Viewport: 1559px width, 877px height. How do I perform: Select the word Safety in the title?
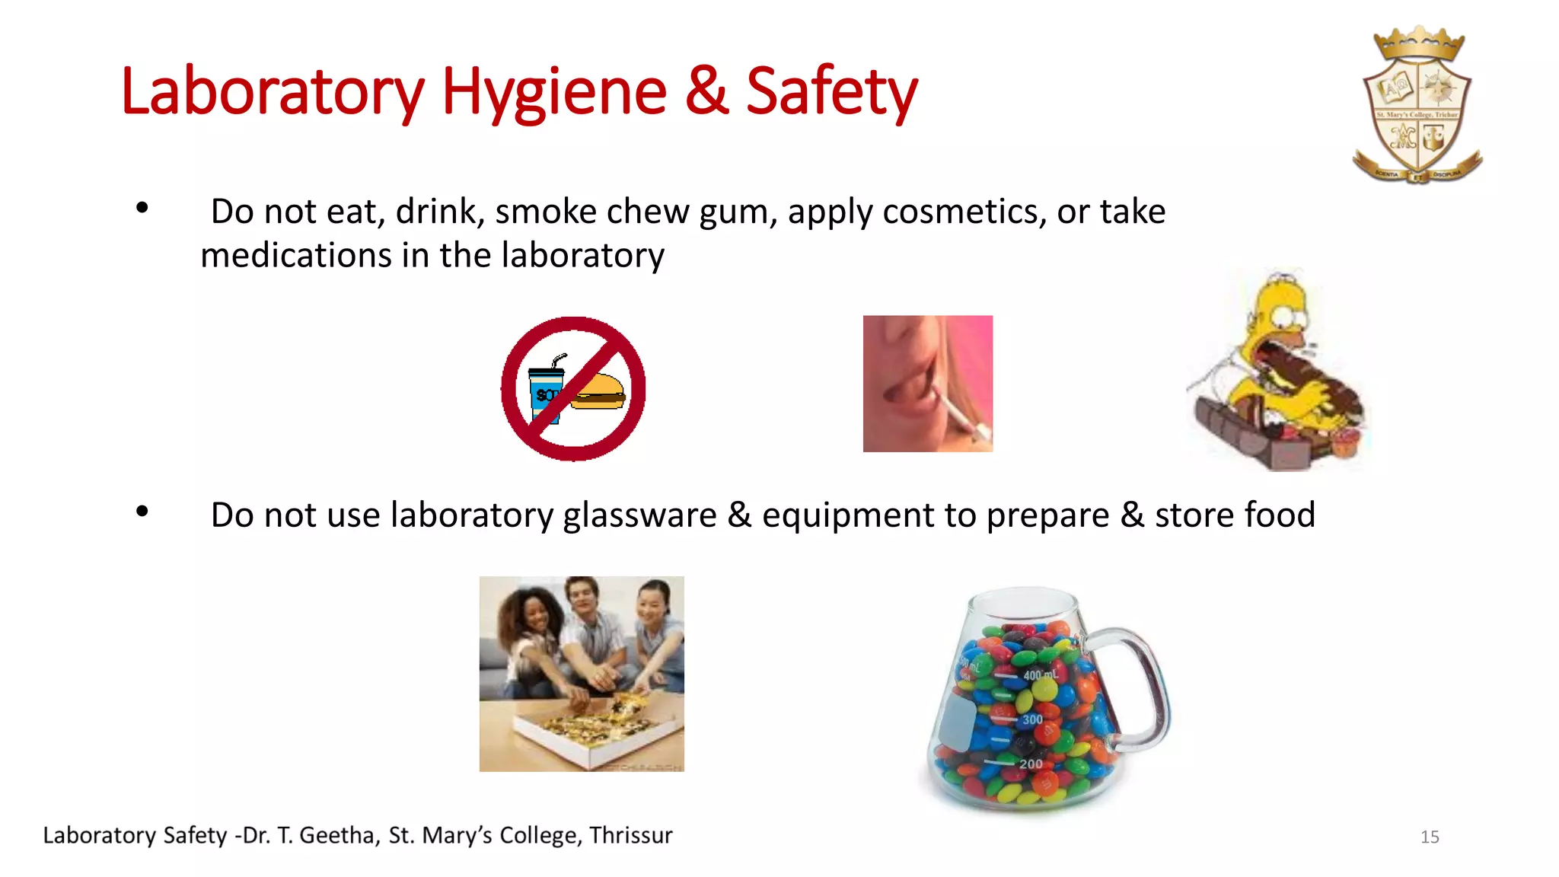pos(831,93)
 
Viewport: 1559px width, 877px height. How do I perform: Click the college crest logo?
pos(1417,107)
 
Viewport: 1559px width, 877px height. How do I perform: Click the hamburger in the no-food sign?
pos(598,391)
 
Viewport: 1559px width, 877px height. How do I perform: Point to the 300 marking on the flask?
pos(1032,719)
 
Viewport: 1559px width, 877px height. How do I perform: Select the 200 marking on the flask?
pos(1031,764)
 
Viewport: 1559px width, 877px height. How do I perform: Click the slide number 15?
pos(1430,837)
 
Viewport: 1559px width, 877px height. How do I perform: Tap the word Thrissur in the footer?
pos(630,836)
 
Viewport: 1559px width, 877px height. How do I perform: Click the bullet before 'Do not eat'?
pos(142,208)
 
